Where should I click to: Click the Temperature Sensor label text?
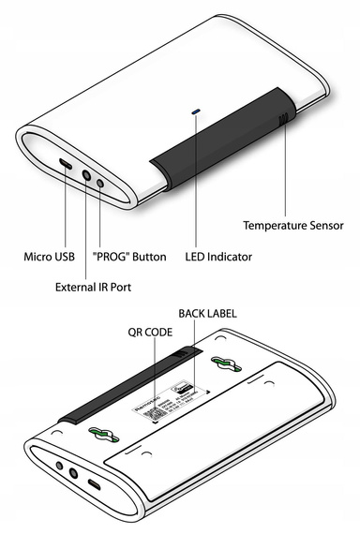293,225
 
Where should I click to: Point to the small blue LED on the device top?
195,111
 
